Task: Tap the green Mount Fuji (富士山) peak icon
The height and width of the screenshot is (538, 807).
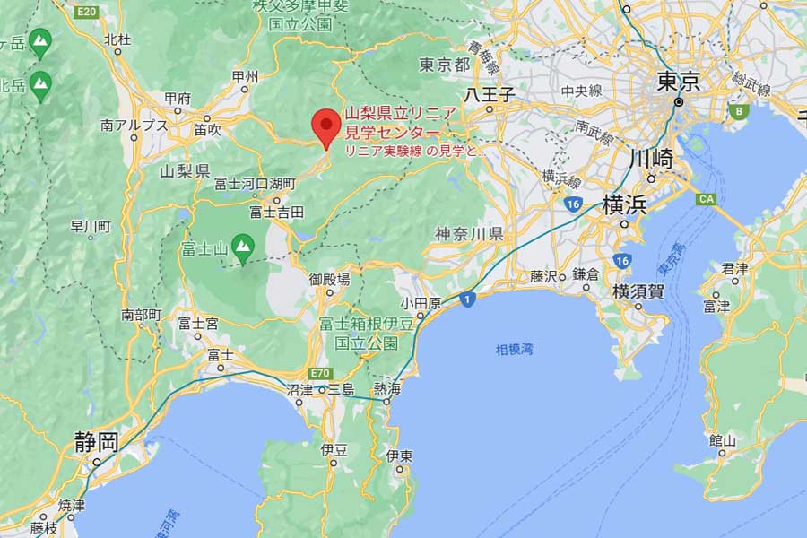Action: pyautogui.click(x=242, y=245)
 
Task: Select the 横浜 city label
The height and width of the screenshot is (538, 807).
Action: pyautogui.click(x=625, y=204)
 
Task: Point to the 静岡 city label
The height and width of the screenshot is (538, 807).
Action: pyautogui.click(x=96, y=441)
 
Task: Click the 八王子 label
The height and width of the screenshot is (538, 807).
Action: pyautogui.click(x=489, y=93)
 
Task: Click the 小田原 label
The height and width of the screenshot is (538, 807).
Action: pyautogui.click(x=421, y=304)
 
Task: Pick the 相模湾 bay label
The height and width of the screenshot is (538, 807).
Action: pyautogui.click(x=515, y=351)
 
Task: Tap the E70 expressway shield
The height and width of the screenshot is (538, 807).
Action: pyautogui.click(x=323, y=373)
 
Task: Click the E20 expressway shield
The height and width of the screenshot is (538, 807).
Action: pyautogui.click(x=86, y=11)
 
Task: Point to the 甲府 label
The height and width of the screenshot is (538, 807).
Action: pyautogui.click(x=178, y=98)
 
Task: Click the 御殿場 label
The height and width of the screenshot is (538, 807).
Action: pyautogui.click(x=329, y=279)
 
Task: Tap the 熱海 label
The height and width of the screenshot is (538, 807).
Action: pyautogui.click(x=387, y=388)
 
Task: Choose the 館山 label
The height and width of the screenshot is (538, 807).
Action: pyautogui.click(x=722, y=440)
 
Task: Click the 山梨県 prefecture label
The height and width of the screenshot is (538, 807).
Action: pyautogui.click(x=185, y=170)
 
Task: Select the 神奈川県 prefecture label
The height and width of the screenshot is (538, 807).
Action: pyautogui.click(x=469, y=233)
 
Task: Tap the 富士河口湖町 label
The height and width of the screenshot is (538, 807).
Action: pyautogui.click(x=255, y=184)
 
